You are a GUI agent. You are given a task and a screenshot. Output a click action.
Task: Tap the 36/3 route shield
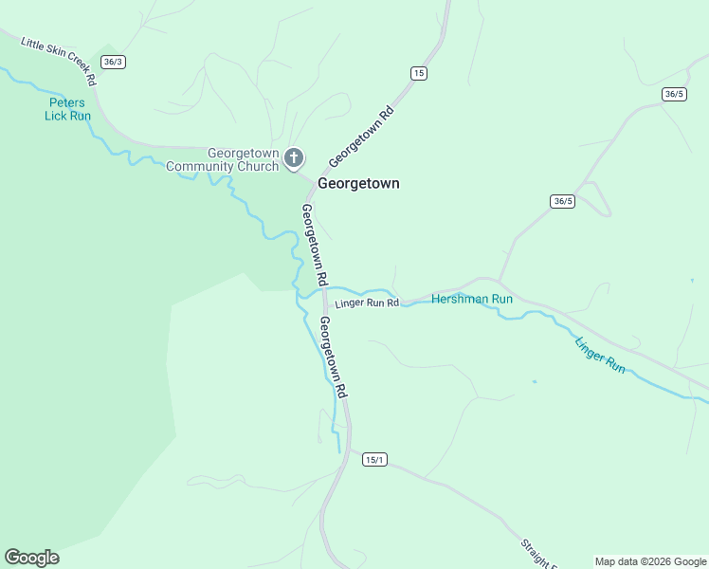point(114,62)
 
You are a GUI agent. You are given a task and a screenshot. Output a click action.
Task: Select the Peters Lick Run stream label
point(67,109)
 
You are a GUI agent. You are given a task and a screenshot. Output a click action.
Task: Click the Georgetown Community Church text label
point(223,159)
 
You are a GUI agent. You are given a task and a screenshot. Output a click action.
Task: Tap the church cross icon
point(294,157)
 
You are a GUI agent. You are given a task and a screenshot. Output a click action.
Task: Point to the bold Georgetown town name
point(358,183)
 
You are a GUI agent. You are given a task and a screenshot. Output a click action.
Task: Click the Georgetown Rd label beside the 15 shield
point(361,136)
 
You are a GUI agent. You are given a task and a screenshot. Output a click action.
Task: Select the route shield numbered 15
point(418,73)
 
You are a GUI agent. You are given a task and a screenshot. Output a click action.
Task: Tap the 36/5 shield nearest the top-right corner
point(675,94)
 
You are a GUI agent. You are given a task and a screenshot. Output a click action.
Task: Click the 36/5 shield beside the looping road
point(562,201)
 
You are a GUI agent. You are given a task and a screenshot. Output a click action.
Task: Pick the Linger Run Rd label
point(367,303)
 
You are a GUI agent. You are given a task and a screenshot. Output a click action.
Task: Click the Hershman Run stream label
point(472,299)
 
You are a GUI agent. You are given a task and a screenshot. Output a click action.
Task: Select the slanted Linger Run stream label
point(600,354)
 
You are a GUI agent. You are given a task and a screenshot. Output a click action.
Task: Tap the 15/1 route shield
point(374,460)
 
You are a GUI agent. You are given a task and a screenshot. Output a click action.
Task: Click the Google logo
point(31,558)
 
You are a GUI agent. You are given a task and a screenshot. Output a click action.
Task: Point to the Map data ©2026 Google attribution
point(651,561)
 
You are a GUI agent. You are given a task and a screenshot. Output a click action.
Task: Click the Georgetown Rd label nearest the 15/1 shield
point(333,357)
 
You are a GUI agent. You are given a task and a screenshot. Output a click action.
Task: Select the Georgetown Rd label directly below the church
point(315,245)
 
